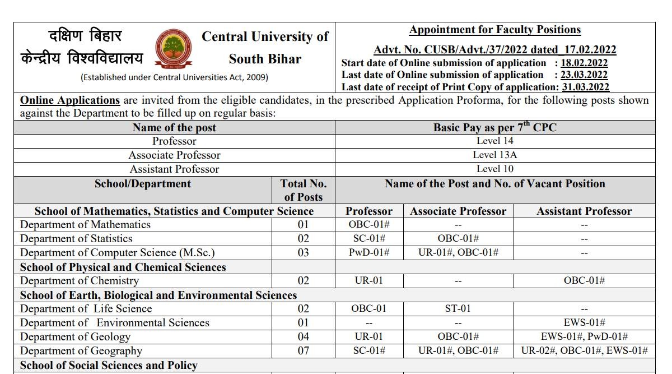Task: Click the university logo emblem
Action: click(x=172, y=48)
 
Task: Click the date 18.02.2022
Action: click(x=581, y=63)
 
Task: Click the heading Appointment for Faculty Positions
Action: click(x=495, y=30)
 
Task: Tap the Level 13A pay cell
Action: click(x=495, y=155)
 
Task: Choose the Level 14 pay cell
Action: click(x=495, y=141)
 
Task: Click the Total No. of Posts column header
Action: click(x=304, y=190)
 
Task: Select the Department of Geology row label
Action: click(x=75, y=336)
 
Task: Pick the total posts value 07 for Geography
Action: click(x=303, y=350)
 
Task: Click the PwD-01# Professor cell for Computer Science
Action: click(x=369, y=252)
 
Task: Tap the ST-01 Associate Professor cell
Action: click(x=458, y=308)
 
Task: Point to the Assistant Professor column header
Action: click(x=584, y=211)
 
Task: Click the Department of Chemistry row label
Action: click(x=79, y=280)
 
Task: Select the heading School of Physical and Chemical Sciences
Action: click(x=123, y=267)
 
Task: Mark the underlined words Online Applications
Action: click(x=70, y=100)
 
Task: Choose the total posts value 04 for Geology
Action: click(x=303, y=336)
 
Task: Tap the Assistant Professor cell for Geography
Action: click(x=584, y=350)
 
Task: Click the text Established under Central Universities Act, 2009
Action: click(x=174, y=77)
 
